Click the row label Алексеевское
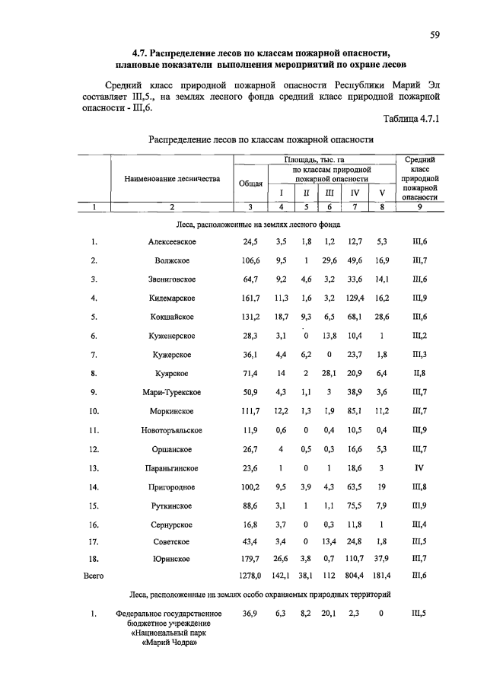173,242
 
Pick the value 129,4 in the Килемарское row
354,298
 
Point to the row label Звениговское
173,279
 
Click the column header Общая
250,183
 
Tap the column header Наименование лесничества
172,179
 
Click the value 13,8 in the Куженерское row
329,336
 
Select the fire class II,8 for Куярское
419,374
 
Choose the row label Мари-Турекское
173,393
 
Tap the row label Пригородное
173,487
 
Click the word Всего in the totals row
93,576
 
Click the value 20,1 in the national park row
329,613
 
